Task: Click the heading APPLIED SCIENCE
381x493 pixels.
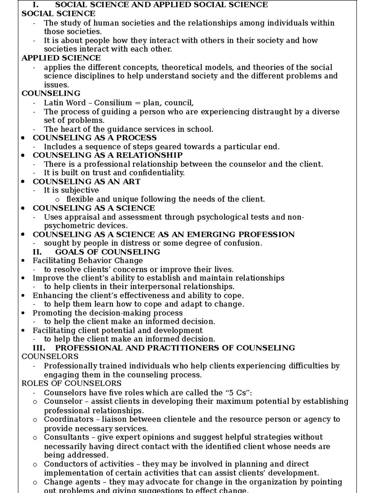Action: (61, 58)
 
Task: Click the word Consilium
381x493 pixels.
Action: (113, 103)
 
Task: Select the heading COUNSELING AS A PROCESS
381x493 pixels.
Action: (95, 138)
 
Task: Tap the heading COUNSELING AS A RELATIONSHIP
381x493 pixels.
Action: (108, 155)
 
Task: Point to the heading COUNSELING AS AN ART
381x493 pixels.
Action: (86, 182)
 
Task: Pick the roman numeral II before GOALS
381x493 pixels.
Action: (37, 252)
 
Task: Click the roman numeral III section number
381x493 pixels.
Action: (39, 348)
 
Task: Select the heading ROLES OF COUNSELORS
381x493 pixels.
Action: (71, 383)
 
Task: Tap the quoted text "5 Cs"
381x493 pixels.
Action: (237, 393)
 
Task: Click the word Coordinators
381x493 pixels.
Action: (69, 419)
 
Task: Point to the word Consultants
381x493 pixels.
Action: (67, 437)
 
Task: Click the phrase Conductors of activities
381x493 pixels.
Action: (89, 464)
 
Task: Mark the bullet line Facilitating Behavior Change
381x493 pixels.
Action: (88, 261)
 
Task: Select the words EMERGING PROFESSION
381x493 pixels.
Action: (241, 235)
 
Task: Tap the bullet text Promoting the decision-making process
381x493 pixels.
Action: (108, 313)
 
